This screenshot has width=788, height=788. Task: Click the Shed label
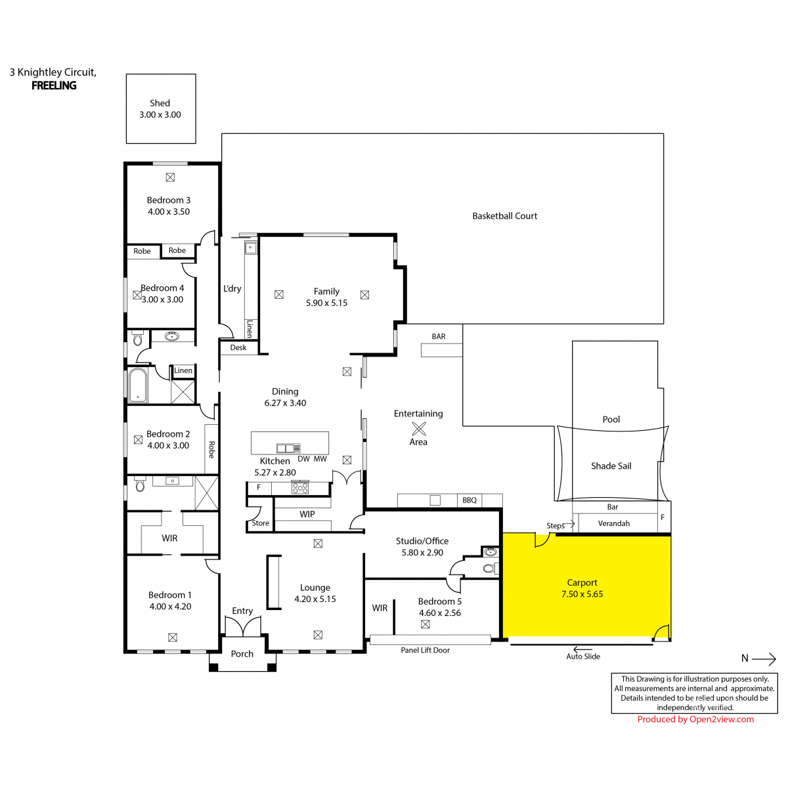(160, 103)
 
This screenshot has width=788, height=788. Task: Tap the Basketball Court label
(504, 216)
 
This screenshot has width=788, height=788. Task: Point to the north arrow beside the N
(764, 659)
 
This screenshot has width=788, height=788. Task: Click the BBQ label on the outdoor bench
(469, 500)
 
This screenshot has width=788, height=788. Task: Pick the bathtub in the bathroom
(137, 385)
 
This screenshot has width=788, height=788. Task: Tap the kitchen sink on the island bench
(288, 448)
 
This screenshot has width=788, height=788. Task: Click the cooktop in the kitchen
(299, 488)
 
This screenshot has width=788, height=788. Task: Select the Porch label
(242, 654)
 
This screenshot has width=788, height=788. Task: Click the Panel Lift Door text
(425, 650)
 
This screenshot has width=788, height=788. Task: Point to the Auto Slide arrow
(582, 649)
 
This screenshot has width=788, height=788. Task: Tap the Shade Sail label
(611, 466)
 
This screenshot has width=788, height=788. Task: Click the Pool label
(611, 419)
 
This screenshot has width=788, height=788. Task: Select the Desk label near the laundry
(238, 347)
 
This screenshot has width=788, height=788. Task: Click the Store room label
(260, 523)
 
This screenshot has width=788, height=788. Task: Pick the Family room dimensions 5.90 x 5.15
(326, 303)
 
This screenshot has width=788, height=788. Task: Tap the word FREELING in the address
(54, 85)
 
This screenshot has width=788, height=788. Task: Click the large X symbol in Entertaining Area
(419, 428)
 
